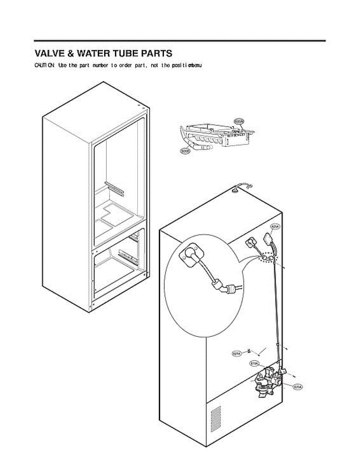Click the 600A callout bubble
coord(239,122)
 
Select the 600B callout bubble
coord(185,151)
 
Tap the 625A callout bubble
coord(275,226)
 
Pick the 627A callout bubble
coord(237,353)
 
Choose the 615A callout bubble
coord(254,363)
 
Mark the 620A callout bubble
coord(298,387)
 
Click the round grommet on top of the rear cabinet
coord(236,190)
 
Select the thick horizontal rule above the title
coord(180,41)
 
